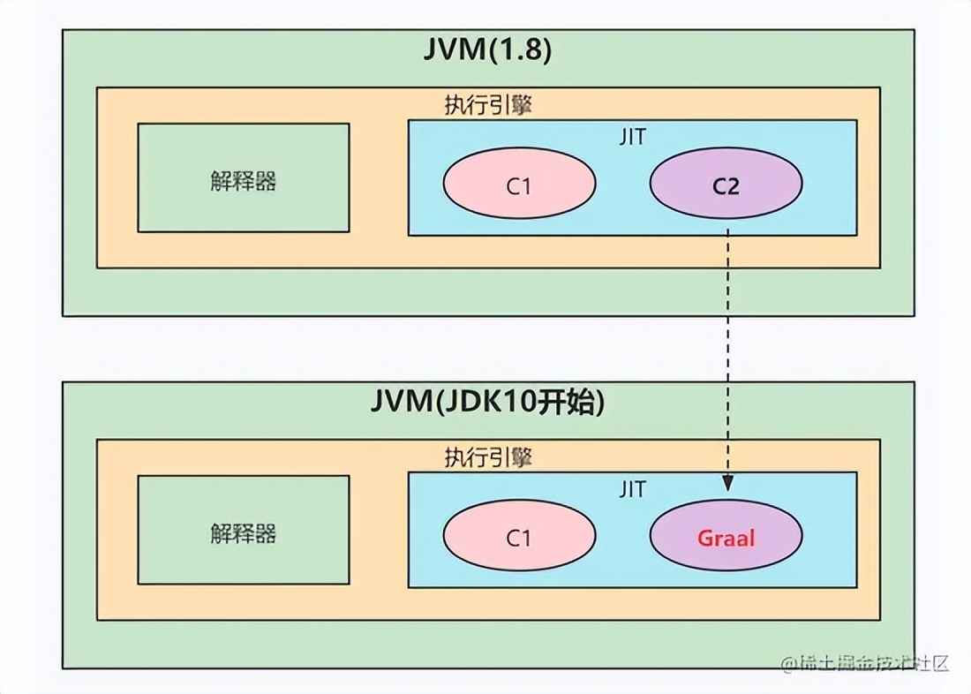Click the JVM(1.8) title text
pyautogui.click(x=487, y=50)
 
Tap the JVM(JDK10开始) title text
pyautogui.click(x=487, y=403)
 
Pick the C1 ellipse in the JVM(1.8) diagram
pyautogui.click(x=519, y=184)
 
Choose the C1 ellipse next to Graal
pyautogui.click(x=519, y=537)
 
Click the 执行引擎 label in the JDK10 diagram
pyautogui.click(x=487, y=459)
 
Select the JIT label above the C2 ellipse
pyautogui.click(x=632, y=137)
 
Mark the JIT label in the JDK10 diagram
pyautogui.click(x=632, y=489)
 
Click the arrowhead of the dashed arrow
pyautogui.click(x=727, y=484)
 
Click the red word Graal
pyautogui.click(x=726, y=537)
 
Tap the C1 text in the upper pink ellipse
pyautogui.click(x=519, y=185)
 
